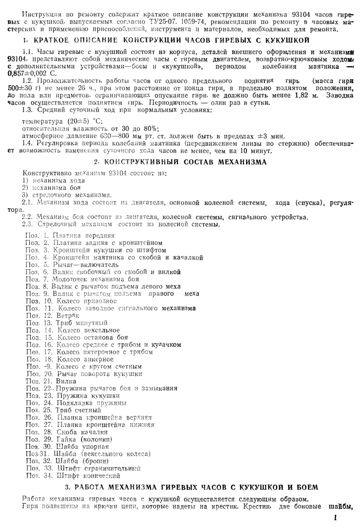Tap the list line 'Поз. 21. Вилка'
click(51, 381)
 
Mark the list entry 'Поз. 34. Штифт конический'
click(73, 476)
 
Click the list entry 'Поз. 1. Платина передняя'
click(70, 236)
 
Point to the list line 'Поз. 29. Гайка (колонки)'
click(69, 439)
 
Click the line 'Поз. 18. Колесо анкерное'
click(70, 359)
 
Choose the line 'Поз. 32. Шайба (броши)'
click(67, 461)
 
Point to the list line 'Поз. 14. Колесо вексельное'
click(73, 330)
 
